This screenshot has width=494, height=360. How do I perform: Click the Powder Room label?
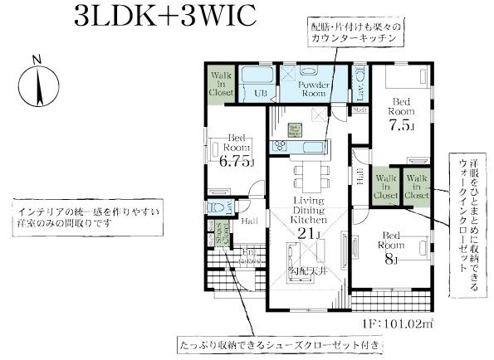pyautogui.click(x=315, y=90)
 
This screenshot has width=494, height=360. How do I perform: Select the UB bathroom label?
pyautogui.click(x=260, y=93)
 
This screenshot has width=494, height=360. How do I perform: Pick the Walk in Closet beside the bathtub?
pyautogui.click(x=221, y=85)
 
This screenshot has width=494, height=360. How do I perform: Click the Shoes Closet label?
pyautogui.click(x=223, y=237)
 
